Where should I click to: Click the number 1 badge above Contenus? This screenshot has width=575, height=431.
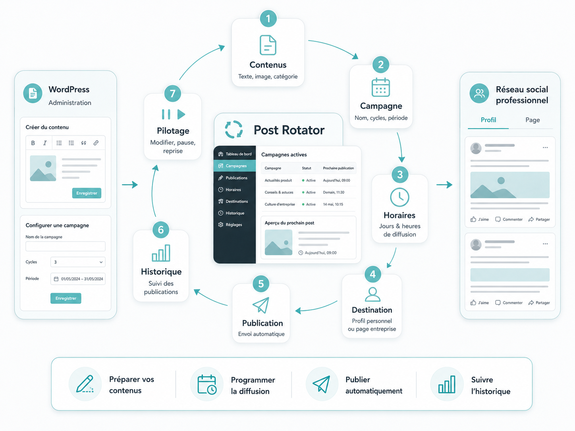[268, 19]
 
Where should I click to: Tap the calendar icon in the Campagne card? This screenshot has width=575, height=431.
[381, 87]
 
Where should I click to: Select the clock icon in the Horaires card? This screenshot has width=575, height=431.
[399, 197]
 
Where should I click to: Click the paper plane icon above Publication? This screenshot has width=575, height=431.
[261, 305]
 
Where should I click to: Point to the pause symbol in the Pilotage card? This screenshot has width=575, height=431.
[166, 114]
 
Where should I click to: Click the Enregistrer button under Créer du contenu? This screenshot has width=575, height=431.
[87, 193]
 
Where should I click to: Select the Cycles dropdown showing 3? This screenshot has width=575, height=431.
[78, 262]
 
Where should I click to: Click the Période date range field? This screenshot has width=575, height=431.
[78, 279]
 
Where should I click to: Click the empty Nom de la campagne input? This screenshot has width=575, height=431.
[66, 246]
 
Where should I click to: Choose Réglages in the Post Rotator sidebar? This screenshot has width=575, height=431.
[233, 225]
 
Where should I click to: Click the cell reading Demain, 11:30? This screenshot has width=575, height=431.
[334, 192]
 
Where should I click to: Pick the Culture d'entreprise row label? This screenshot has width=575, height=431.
[280, 204]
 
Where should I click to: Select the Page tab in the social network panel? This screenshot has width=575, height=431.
[533, 120]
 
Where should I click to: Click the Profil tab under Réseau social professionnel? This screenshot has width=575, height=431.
[488, 120]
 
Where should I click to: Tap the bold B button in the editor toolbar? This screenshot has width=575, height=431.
[33, 143]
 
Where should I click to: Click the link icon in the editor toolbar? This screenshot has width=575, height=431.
[96, 142]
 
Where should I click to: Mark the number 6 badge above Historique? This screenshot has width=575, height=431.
[161, 230]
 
